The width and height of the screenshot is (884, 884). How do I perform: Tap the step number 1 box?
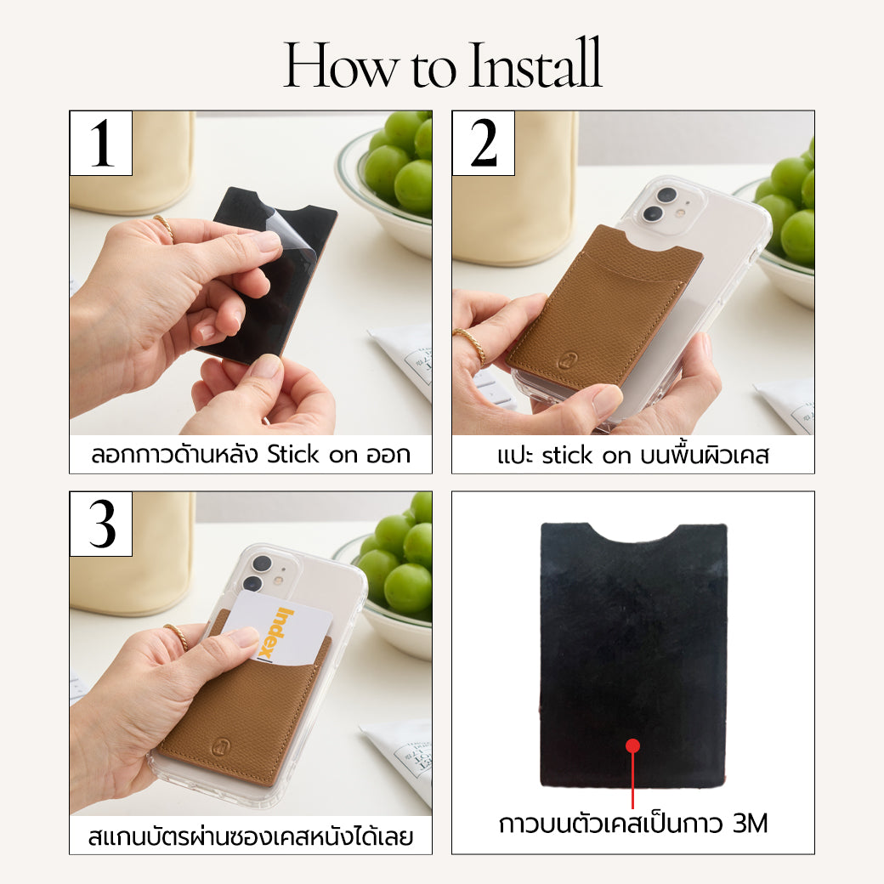101,143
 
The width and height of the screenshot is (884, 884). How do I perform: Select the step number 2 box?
483,143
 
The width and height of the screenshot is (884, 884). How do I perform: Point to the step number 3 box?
101,524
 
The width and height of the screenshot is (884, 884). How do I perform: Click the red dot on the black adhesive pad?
633,746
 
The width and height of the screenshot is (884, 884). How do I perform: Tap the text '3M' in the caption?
751,824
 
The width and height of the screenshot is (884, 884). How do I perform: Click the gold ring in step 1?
164,227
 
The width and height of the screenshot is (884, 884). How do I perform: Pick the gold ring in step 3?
178,636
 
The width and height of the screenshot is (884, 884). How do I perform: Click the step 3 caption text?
250,836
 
